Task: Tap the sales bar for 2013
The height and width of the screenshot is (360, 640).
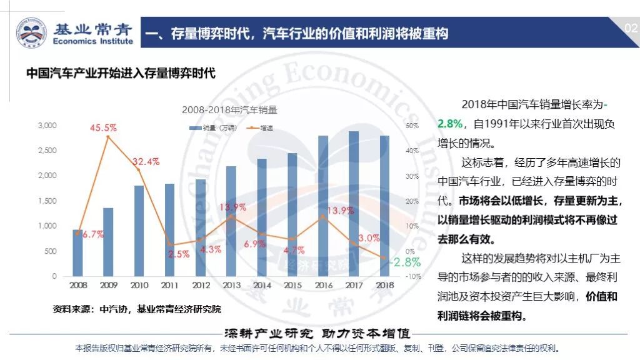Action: pos(231,221)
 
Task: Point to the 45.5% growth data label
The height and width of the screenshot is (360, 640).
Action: pos(103,127)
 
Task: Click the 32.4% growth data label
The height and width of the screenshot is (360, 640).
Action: pos(146,161)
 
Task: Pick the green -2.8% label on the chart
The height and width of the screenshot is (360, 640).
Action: pos(404,262)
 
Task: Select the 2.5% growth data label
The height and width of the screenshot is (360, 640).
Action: pos(178,254)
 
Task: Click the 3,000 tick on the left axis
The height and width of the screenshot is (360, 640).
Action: pos(47,126)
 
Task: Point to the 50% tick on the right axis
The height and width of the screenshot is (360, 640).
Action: pos(394,126)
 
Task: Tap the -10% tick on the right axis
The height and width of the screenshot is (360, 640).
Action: pos(395,276)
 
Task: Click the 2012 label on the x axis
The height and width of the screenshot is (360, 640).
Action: pos(201,285)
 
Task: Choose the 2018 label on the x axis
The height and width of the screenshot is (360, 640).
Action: pos(384,285)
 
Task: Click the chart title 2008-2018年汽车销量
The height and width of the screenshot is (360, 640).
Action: pos(229,109)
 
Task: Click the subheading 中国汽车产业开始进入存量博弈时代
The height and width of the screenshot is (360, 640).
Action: pos(121,73)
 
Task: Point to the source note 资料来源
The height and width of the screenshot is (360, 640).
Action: pos(137,309)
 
